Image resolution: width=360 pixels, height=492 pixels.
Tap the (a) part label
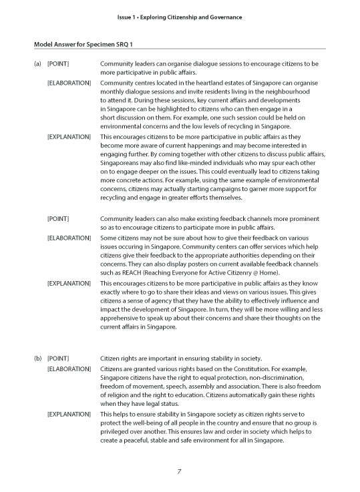[37, 64]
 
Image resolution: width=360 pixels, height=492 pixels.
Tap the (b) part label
[37, 358]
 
